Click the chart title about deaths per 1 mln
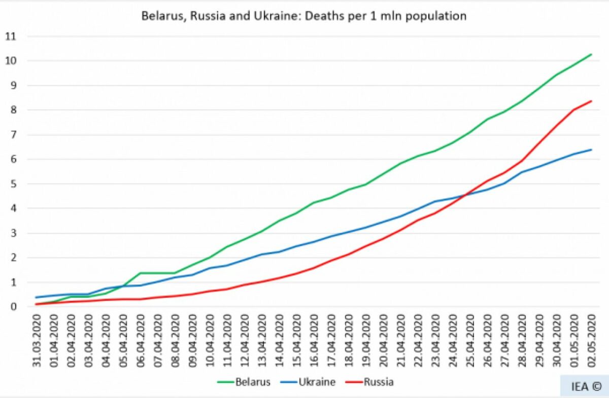click(x=303, y=16)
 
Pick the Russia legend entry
click(x=378, y=382)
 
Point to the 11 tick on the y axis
click(x=11, y=37)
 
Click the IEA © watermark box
click(x=584, y=386)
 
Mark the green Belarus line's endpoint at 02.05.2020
click(x=591, y=54)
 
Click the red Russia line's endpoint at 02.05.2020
click(x=591, y=101)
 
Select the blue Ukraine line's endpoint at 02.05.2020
click(x=591, y=150)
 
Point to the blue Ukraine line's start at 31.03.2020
click(x=37, y=297)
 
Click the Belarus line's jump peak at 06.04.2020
click(x=141, y=273)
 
